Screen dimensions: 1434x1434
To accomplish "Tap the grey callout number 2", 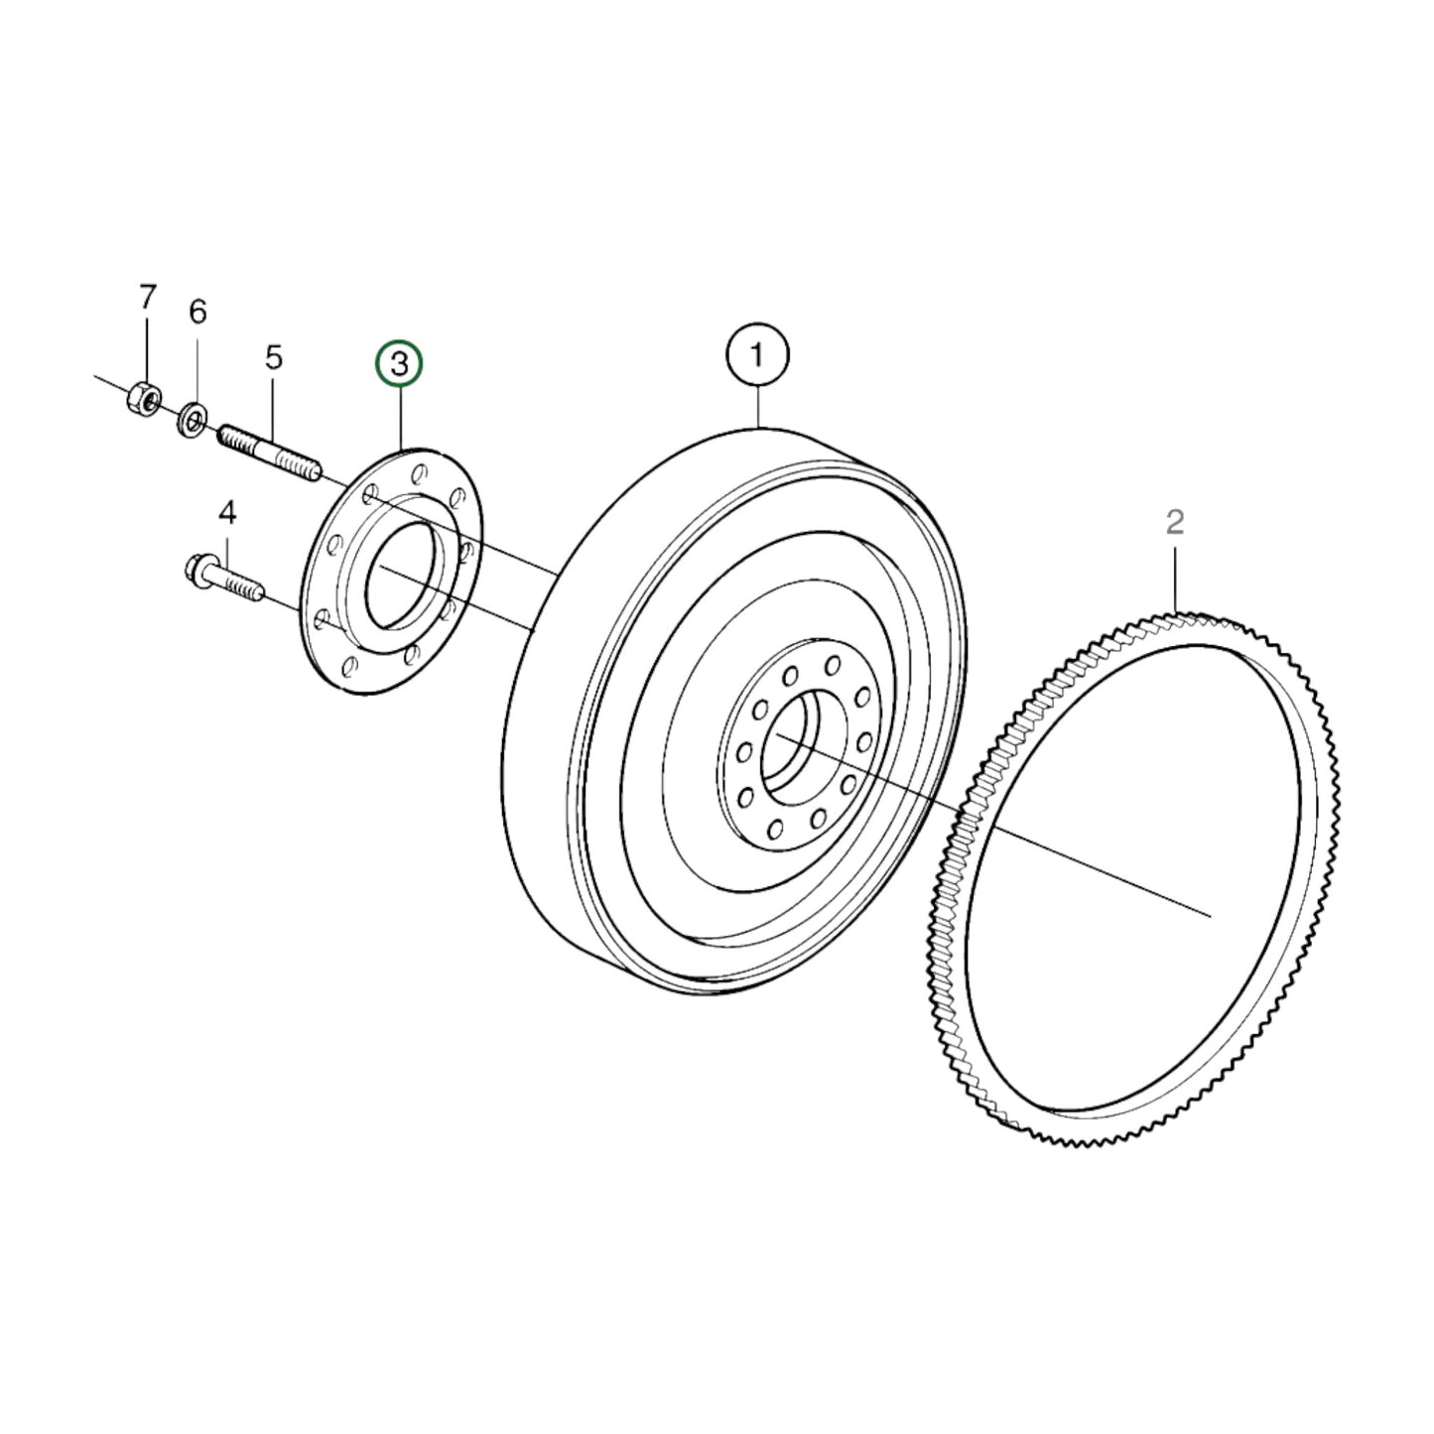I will pos(1175,522).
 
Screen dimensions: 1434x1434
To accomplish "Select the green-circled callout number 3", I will pos(398,365).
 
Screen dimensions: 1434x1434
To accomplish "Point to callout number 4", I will pos(227,513).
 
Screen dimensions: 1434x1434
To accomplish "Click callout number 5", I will pos(273,357).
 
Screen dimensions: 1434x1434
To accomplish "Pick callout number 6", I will pos(197,313).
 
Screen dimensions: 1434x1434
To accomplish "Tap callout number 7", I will pos(147,296).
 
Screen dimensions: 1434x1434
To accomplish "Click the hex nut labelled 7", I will pos(145,399).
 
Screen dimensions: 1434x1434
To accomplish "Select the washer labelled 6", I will pos(193,419).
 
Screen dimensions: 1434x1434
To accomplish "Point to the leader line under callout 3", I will pos(400,417).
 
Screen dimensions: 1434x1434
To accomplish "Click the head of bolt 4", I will pos(197,570).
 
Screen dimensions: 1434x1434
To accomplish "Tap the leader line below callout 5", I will pos(273,403).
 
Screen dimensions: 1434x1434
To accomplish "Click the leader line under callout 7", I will pos(147,347).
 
